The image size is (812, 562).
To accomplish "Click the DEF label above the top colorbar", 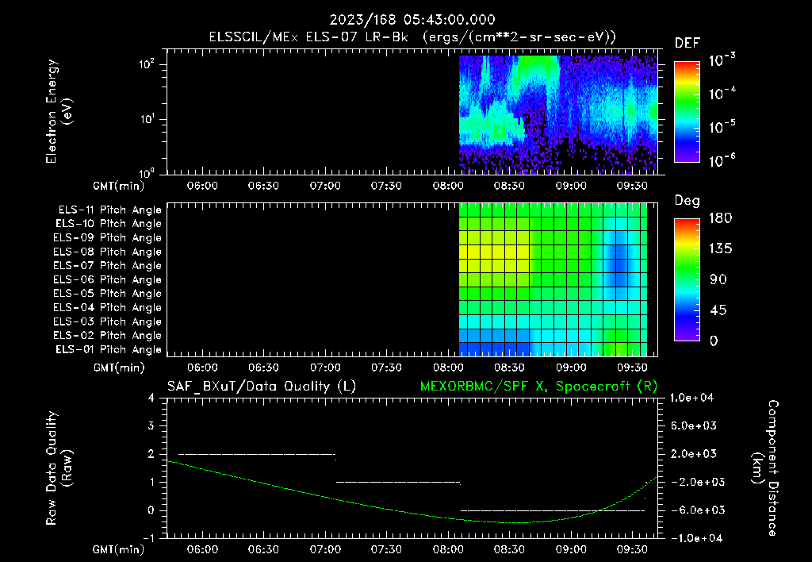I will [x=686, y=43].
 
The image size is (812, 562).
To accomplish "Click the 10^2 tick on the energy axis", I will [x=147, y=65].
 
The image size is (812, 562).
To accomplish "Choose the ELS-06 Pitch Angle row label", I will [x=107, y=279].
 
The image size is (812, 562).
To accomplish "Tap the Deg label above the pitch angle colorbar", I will [x=687, y=201].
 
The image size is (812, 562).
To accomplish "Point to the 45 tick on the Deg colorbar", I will [x=714, y=310].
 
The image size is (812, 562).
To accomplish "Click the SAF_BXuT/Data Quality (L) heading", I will [x=261, y=387].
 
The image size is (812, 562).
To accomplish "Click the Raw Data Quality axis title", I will [x=59, y=468].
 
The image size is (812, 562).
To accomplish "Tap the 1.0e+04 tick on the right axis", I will [x=693, y=398].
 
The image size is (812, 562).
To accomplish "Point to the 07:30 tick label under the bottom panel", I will [x=386, y=549].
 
